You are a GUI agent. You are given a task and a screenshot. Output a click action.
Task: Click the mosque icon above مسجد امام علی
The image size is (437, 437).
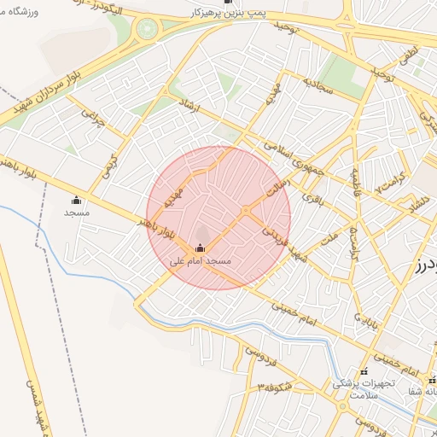tap(201, 248)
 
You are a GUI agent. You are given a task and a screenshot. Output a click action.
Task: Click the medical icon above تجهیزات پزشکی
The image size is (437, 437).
tap(364, 371)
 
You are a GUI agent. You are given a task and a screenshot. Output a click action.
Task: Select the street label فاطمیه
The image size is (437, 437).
tap(355, 182)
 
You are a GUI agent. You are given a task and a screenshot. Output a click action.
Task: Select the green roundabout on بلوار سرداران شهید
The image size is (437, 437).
tap(146, 32)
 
